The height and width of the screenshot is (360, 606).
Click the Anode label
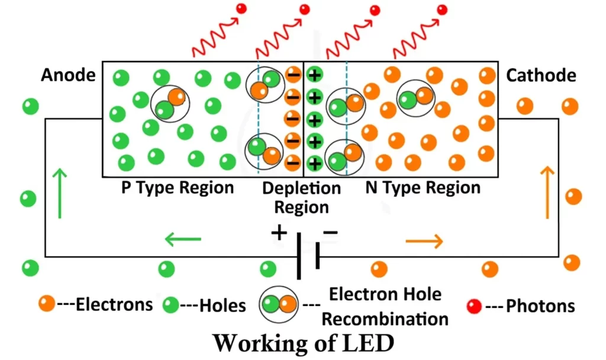[x=68, y=76]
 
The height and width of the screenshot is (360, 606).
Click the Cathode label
[x=541, y=76]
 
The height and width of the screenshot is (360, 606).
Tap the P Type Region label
[x=178, y=188]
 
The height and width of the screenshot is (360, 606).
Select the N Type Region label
[x=423, y=188]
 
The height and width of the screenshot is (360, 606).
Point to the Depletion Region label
[x=302, y=198]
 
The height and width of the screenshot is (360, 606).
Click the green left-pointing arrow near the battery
[x=183, y=240]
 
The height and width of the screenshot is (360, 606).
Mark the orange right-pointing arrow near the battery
[x=424, y=240]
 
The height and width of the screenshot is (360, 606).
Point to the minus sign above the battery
[x=330, y=232]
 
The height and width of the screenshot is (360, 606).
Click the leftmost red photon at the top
[x=241, y=8]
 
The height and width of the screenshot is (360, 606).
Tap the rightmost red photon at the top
[x=441, y=9]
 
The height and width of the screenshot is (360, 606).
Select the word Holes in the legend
[x=223, y=306]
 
